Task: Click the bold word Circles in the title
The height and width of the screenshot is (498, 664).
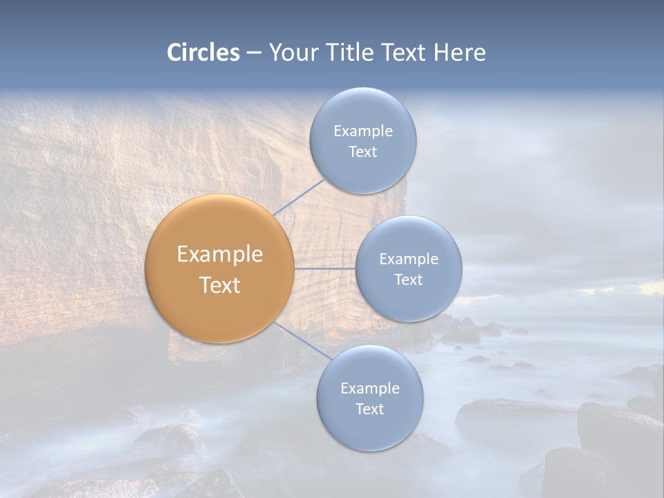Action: (x=203, y=53)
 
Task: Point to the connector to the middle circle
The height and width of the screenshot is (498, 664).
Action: (x=325, y=268)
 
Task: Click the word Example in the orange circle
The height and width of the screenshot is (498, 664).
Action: (x=220, y=255)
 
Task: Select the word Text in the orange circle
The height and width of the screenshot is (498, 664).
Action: (x=220, y=285)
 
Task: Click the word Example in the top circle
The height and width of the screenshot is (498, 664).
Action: (x=363, y=131)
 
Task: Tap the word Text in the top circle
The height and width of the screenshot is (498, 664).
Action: (x=362, y=152)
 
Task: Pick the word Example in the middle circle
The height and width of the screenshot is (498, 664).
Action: (x=409, y=259)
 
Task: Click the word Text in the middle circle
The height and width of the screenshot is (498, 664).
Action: (x=408, y=280)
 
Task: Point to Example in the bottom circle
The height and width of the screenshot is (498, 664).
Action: (x=370, y=389)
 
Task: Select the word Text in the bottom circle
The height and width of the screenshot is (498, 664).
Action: (x=369, y=409)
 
